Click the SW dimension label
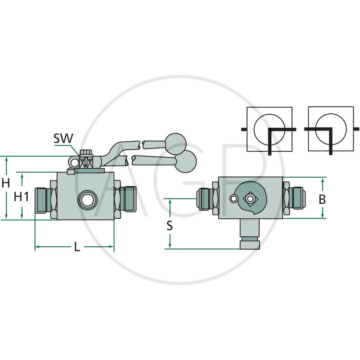[x=63, y=139]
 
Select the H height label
[x=6, y=183]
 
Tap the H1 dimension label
[x=21, y=197]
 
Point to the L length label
[x=77, y=247]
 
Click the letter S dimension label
[x=170, y=225]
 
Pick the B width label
[x=322, y=199]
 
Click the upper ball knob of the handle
[x=175, y=145]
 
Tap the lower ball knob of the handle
[x=185, y=162]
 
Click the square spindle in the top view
[x=250, y=198]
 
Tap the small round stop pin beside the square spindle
[x=233, y=199]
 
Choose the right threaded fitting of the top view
[x=296, y=198]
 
